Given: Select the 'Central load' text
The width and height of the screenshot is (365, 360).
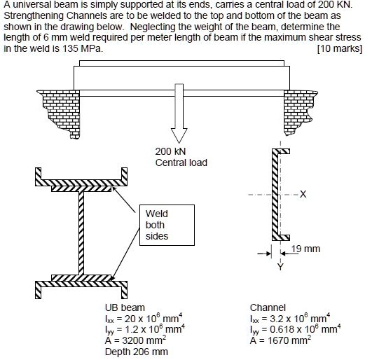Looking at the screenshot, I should tap(181, 163).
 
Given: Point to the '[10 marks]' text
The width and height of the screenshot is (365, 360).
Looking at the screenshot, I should tap(339, 50).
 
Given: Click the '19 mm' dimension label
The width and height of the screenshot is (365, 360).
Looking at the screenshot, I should tap(305, 249).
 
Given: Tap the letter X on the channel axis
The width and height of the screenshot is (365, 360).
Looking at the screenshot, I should tap(302, 194).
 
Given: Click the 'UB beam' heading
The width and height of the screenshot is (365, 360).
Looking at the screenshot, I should tap(125, 307).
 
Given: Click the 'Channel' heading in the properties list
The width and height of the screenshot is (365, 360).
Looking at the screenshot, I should tap(268, 307).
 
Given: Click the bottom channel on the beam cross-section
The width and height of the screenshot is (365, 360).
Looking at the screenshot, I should tap(81, 288).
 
